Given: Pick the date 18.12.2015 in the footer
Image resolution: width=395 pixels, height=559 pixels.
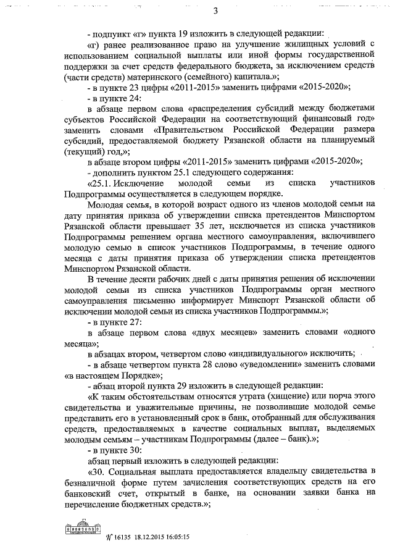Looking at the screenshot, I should (x=143, y=537).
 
